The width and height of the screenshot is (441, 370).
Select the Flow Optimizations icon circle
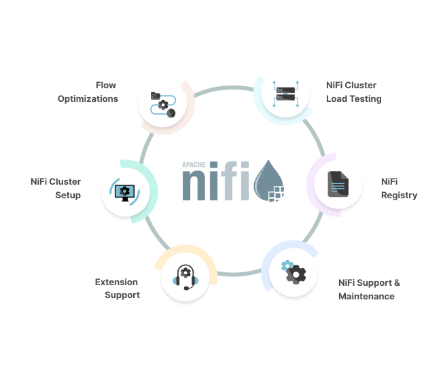162,100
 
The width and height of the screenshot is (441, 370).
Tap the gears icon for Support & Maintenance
294,272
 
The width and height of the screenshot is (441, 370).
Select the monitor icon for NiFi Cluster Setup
124,192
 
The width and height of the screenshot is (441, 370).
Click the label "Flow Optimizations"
88,92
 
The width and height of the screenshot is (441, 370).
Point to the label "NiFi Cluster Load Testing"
353,92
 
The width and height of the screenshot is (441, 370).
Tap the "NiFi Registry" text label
399,188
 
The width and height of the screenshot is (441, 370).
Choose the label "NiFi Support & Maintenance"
368,289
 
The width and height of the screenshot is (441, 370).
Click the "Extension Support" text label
117,289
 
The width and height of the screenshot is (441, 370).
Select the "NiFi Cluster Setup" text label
56,188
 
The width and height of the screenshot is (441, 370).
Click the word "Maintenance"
366,296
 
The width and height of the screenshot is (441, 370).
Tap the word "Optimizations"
88,98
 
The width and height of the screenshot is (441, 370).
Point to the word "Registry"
399,195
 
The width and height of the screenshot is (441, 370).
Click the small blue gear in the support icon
287,265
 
